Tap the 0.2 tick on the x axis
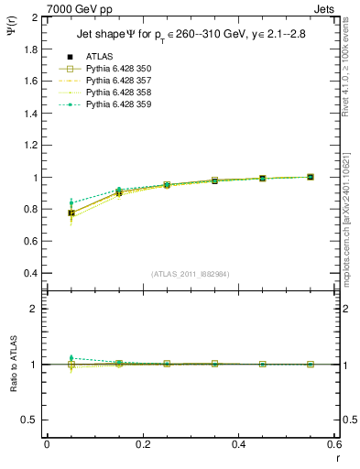pos(142,444)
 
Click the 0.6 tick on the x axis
pos(333,444)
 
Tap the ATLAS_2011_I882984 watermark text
pos(190,274)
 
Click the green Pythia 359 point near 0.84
pos(71,202)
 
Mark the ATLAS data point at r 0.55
pos(311,177)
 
